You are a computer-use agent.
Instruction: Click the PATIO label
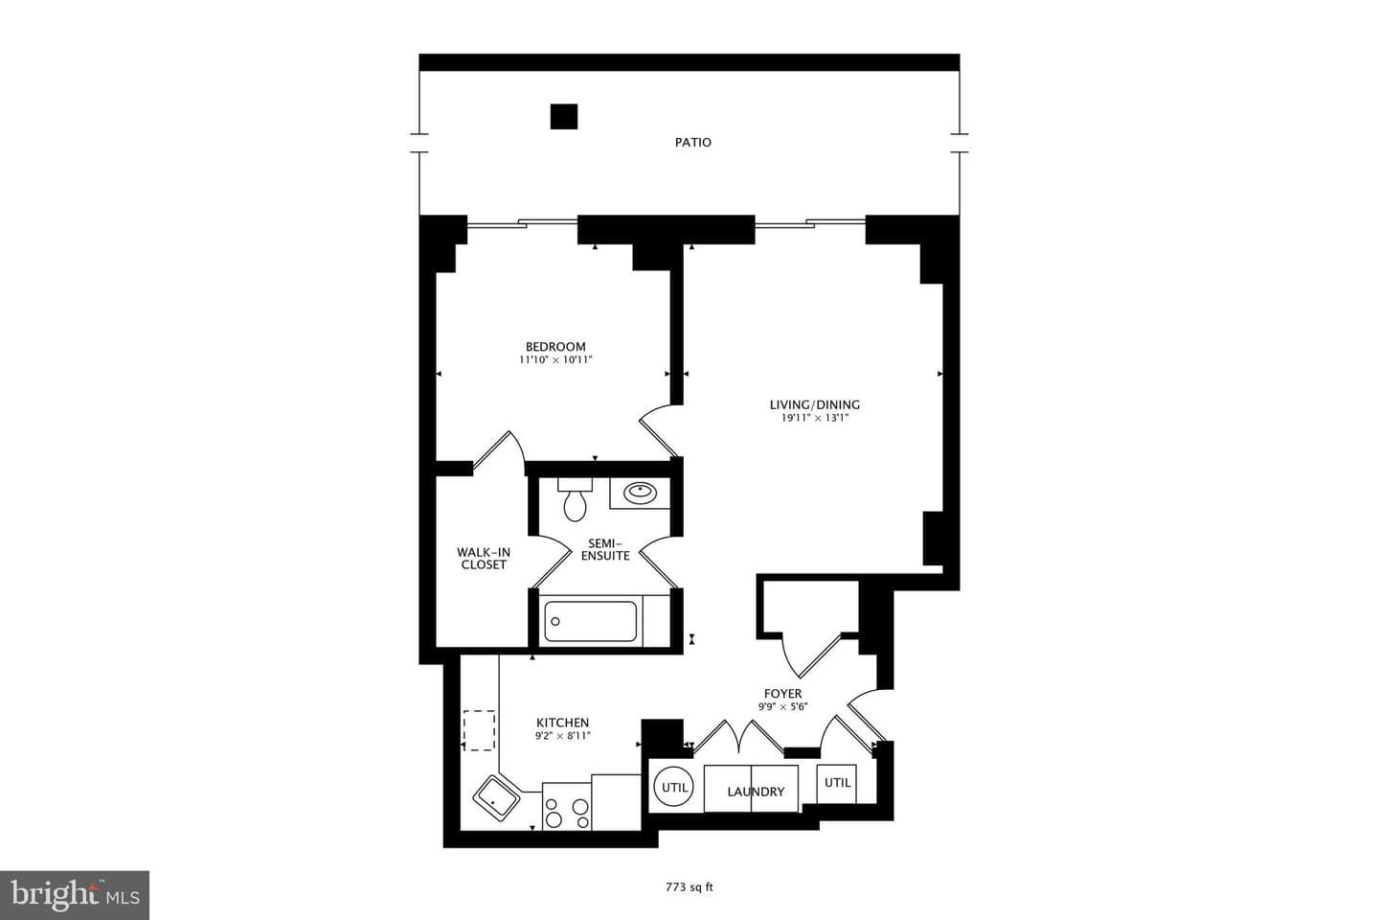(x=692, y=143)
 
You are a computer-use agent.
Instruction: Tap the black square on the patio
(x=563, y=117)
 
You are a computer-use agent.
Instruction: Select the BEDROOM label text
(x=555, y=346)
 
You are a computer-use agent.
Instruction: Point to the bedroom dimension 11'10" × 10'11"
(x=555, y=360)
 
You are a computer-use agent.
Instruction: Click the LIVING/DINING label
(x=814, y=404)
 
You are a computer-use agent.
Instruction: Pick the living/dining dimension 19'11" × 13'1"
(x=814, y=418)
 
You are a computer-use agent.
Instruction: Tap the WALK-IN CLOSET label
(x=484, y=559)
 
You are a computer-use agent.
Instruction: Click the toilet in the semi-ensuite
(x=575, y=499)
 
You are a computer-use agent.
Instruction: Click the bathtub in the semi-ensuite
(x=590, y=621)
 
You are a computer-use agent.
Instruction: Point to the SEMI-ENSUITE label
(x=605, y=549)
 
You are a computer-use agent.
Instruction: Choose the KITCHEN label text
(x=563, y=723)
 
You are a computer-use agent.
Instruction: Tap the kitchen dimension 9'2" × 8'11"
(x=563, y=736)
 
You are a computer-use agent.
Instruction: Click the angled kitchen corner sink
(x=496, y=798)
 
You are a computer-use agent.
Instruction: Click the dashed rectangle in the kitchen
(x=479, y=730)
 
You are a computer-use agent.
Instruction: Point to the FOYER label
(x=783, y=694)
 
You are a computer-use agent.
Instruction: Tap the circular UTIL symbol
(x=673, y=787)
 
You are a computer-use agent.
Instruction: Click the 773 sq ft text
(x=689, y=888)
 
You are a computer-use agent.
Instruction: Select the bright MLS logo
(x=75, y=895)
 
